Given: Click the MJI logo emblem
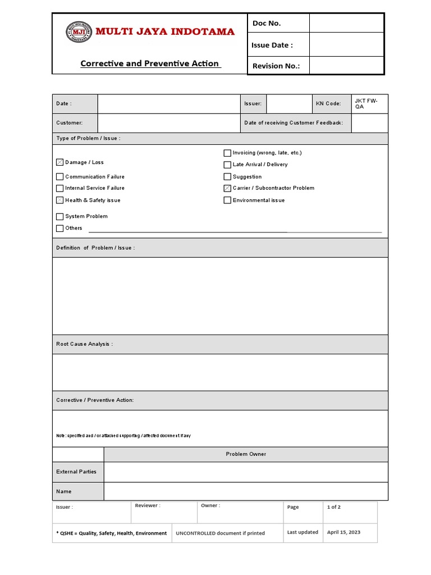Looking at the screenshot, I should (x=78, y=32).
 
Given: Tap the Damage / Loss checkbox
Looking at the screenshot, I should (x=60, y=162).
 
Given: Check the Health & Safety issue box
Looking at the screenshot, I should (x=60, y=200).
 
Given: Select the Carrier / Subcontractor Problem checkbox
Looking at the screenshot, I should (x=227, y=188).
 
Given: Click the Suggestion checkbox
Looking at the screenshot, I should (x=227, y=176).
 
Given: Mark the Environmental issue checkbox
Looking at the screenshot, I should (x=227, y=200).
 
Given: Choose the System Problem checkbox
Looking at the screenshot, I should (x=60, y=216).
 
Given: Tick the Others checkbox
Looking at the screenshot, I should (x=60, y=228).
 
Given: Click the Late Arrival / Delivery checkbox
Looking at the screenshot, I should (x=227, y=165).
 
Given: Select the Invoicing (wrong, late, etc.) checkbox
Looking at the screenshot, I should (x=227, y=153).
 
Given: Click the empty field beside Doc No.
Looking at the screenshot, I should (x=346, y=23).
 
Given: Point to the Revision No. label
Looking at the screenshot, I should (x=276, y=66).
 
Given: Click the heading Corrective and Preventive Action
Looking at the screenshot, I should (x=150, y=63).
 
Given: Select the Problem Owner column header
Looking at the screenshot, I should (x=246, y=454).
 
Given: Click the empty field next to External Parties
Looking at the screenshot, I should (x=246, y=472).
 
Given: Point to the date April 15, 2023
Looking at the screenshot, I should (x=343, y=532).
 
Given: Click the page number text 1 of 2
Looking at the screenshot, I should (x=334, y=507).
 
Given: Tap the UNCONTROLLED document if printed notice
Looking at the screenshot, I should (x=221, y=533).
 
